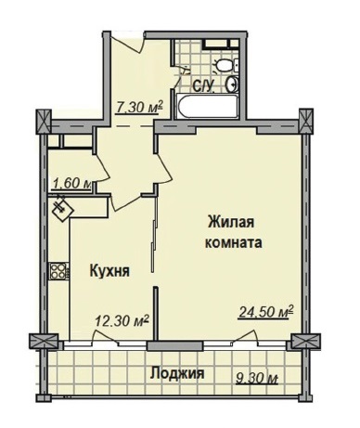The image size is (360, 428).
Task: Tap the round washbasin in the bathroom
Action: [x=232, y=84]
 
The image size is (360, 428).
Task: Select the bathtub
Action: [x=207, y=106]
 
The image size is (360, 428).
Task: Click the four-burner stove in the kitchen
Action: [x=58, y=271]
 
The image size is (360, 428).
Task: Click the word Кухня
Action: [x=109, y=271]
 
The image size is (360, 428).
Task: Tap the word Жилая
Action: [x=231, y=222]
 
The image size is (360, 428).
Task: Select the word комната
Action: [x=234, y=242]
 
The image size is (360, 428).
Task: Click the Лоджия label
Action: [x=177, y=373]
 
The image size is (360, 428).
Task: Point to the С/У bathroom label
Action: [x=203, y=86]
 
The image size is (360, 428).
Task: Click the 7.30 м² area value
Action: [x=139, y=108]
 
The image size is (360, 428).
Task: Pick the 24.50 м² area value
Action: [x=266, y=312]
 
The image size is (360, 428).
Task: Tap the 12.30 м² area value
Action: [x=122, y=321]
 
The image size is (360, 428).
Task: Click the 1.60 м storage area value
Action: [x=71, y=184]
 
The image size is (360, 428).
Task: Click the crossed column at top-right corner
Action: [x=306, y=121]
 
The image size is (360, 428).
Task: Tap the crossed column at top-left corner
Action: [x=44, y=122]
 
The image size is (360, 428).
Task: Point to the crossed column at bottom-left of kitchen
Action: [x=44, y=342]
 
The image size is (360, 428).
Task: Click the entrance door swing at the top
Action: [x=128, y=42]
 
